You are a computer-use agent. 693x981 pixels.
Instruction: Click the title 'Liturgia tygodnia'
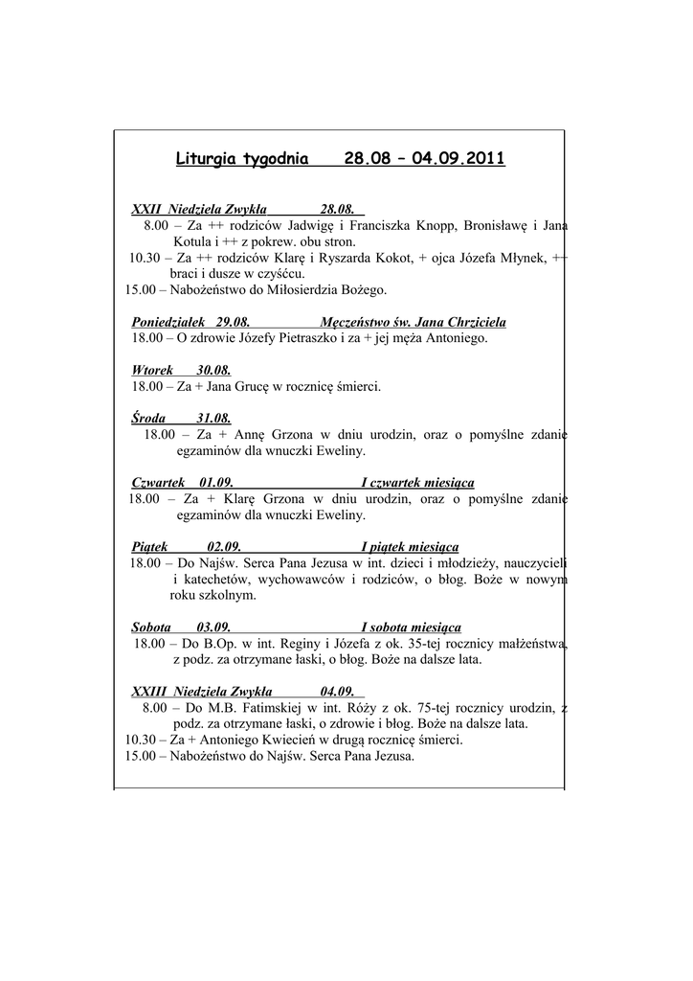click(242, 158)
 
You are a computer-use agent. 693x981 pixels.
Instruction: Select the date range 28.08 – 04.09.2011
click(424, 158)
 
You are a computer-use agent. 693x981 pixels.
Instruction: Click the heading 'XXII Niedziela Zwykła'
click(198, 209)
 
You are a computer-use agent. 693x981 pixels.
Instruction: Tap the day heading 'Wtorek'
click(152, 371)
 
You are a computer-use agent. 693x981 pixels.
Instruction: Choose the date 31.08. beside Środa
click(213, 419)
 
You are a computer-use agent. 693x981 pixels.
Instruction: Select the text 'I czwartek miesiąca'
click(417, 482)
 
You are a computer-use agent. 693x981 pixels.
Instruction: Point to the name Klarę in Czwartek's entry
click(241, 499)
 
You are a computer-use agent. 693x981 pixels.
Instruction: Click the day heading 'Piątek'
click(150, 546)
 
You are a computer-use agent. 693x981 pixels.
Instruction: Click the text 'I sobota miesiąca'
click(411, 627)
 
